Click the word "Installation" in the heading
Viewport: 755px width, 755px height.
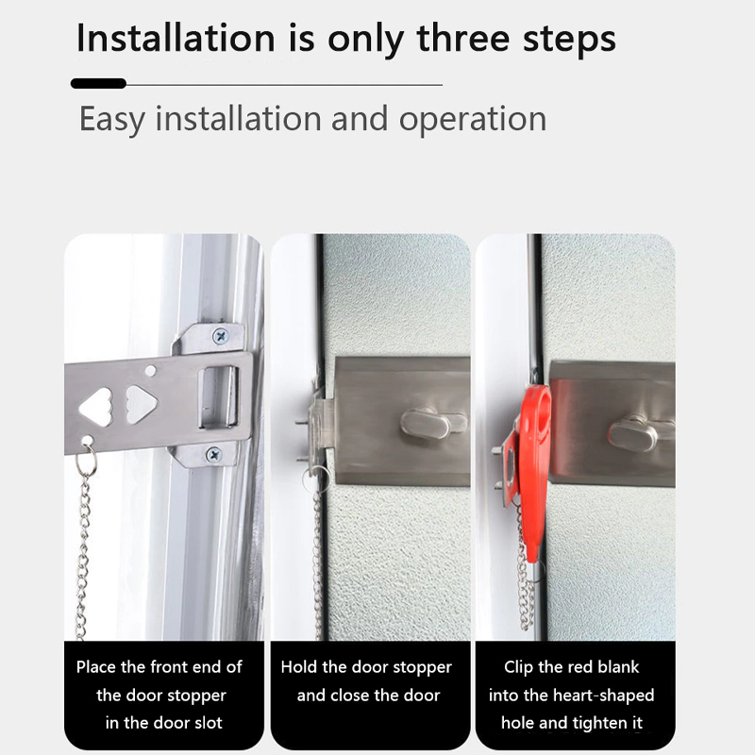[176, 38]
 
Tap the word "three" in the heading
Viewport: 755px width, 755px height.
[463, 38]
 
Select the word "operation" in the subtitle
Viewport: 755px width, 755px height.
[473, 120]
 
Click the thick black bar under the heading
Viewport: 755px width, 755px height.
[98, 83]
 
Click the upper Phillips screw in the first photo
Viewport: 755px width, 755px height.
[221, 336]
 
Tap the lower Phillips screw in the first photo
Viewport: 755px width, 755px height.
[214, 455]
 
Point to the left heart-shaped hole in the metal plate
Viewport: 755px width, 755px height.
[96, 408]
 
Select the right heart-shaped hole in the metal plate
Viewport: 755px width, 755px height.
[141, 405]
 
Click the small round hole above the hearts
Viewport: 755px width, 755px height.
[151, 370]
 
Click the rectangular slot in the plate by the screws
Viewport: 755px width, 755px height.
[218, 397]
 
